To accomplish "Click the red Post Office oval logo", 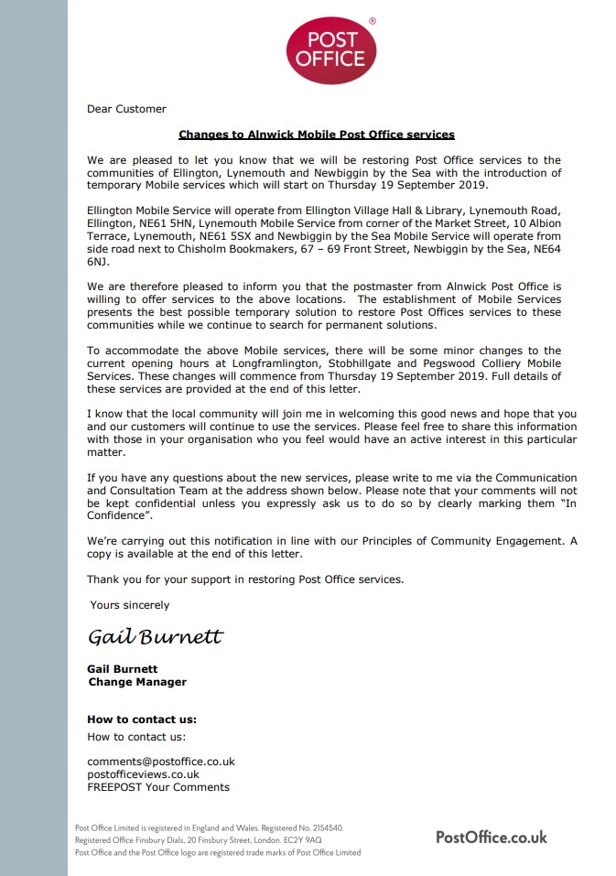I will coord(331,51).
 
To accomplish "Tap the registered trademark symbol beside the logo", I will coord(372,19).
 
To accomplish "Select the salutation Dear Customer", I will coord(126,109).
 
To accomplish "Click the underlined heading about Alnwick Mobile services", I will coord(317,135).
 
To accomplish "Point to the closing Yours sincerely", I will coord(129,605).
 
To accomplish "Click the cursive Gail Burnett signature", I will coord(155,636).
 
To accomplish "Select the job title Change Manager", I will coord(137,682).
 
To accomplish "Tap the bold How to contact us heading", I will coord(142,719).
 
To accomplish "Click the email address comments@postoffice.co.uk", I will coord(161,762).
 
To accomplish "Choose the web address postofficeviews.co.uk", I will coord(143,774).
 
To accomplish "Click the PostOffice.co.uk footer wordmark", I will coord(492,837).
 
